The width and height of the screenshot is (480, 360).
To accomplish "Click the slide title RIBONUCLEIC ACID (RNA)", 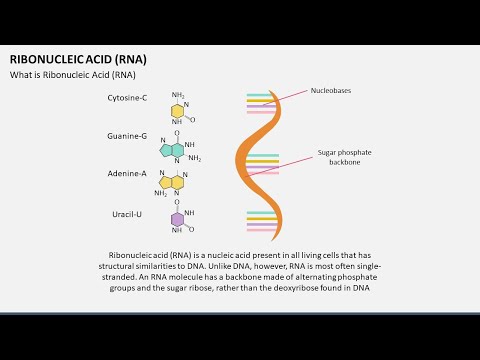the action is [78, 59].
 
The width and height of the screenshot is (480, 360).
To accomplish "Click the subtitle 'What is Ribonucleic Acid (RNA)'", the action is [73, 75].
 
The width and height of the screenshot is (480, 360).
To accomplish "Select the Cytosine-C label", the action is [127, 98].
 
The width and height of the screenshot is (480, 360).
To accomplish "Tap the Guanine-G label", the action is [127, 136].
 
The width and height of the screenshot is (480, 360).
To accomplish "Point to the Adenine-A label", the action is [127, 173].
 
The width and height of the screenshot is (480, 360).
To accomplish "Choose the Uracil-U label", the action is [127, 214].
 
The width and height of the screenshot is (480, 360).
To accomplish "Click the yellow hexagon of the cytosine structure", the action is [177, 111].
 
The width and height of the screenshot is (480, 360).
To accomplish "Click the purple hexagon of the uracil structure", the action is [177, 220].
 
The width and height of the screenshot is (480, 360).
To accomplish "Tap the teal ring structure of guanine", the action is [171, 151].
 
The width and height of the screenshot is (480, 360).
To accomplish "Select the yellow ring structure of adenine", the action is [171, 182].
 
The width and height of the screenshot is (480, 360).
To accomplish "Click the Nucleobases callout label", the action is [331, 91].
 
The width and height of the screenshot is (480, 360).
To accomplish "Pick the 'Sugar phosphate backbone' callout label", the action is [344, 157].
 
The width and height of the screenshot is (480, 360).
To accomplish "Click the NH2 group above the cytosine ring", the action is [178, 95].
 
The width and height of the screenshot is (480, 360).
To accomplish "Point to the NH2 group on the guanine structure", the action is [195, 158].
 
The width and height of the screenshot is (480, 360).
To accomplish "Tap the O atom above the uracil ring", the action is [177, 202].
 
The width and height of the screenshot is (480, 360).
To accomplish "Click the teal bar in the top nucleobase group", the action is [260, 95].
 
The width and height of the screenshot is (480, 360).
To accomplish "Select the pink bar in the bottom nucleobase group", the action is [261, 230].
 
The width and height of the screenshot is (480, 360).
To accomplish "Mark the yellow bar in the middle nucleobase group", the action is [263, 161].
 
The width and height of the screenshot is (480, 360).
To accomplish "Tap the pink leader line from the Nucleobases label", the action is [284, 98].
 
